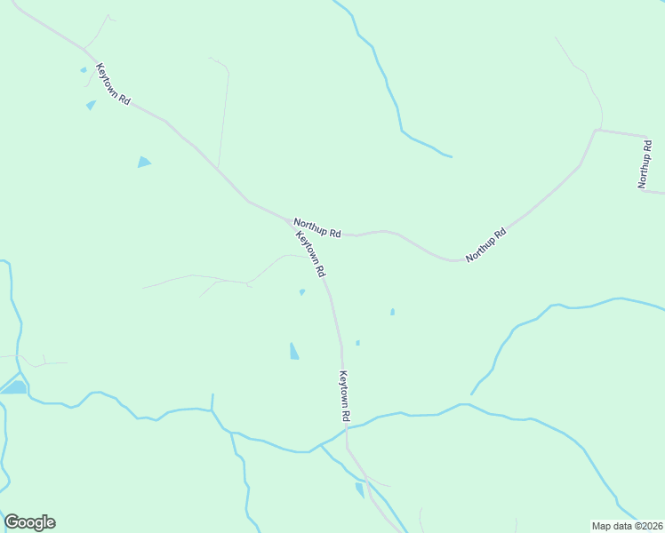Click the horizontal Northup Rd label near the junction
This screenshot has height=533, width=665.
pyautogui.click(x=317, y=228)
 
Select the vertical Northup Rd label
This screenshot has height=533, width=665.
pyautogui.click(x=645, y=163)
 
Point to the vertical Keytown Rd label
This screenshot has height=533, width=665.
pyautogui.click(x=344, y=396)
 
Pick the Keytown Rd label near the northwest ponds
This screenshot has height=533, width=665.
pyautogui.click(x=113, y=85)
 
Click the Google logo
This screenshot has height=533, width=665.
pyautogui.click(x=29, y=522)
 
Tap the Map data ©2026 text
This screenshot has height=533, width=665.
pyautogui.click(x=627, y=525)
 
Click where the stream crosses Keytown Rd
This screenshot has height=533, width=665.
pyautogui.click(x=345, y=428)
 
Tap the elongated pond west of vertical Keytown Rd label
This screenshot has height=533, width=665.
pyautogui.click(x=293, y=351)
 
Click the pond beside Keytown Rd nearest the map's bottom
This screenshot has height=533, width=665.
pyautogui.click(x=360, y=489)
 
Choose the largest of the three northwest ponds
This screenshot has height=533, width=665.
pyautogui.click(x=143, y=162)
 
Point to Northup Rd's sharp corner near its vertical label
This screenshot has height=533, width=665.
pyautogui.click(x=597, y=131)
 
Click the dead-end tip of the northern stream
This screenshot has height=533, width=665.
pyautogui.click(x=451, y=157)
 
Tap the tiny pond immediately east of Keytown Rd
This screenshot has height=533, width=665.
pyautogui.click(x=357, y=343)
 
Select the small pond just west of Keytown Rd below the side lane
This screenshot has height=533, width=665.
pyautogui.click(x=302, y=291)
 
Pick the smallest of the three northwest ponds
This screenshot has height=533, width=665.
pyautogui.click(x=84, y=69)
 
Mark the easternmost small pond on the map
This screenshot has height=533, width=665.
pyautogui.click(x=392, y=312)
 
